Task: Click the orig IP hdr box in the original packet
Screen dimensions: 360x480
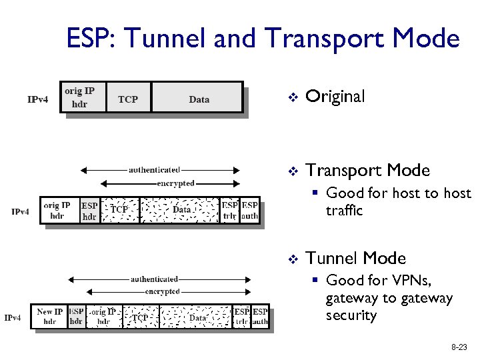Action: pos(79,97)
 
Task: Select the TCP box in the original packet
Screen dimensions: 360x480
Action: pos(128,99)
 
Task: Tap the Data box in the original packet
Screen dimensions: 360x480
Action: pos(199,99)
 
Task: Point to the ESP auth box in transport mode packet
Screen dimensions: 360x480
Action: pos(250,211)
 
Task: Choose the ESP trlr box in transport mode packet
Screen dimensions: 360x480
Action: pos(230,211)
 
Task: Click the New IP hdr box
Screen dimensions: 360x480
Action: pos(50,316)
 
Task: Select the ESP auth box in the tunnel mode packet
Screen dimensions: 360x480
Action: pos(260,316)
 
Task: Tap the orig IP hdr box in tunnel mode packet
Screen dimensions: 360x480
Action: pos(104,316)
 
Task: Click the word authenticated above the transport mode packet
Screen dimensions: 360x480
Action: pos(154,169)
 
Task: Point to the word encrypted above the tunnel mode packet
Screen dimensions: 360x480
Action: pos(163,291)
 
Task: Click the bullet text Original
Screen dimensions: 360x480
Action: pos(335,97)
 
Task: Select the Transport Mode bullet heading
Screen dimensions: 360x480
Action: pos(367,171)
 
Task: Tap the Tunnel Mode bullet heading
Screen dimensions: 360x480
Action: pos(355,258)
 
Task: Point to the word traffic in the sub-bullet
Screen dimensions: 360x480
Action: pos(344,211)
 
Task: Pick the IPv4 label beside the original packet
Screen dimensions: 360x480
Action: pos(37,99)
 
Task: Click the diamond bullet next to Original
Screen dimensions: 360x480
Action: pos(291,97)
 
